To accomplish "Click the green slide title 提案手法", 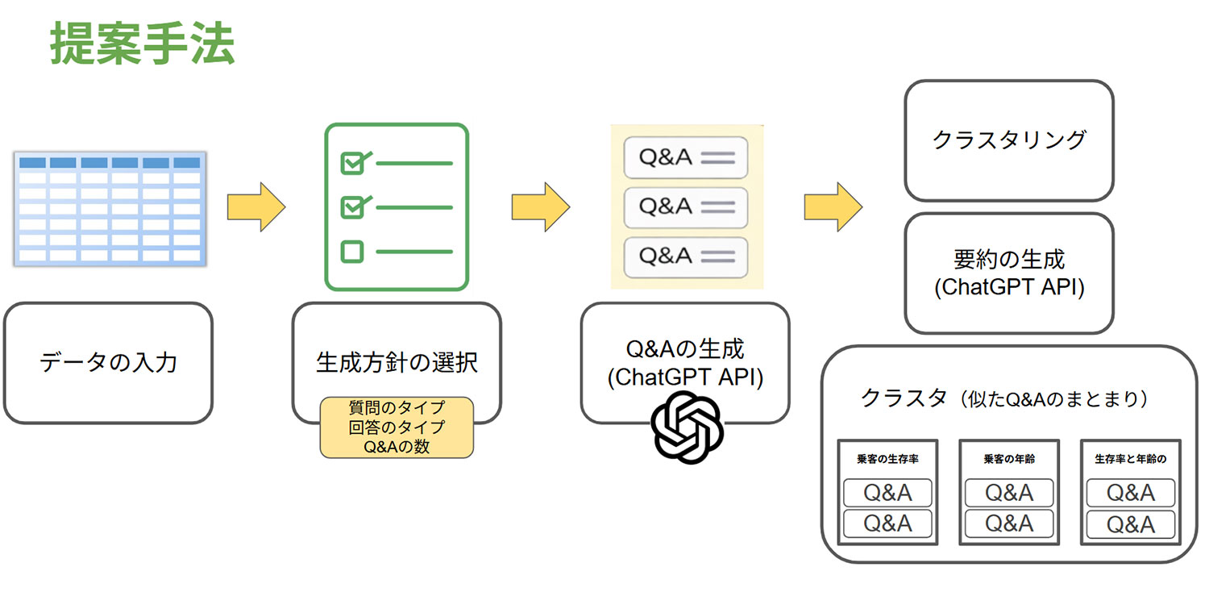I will point(142,44).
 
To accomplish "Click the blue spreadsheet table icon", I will point(109,208).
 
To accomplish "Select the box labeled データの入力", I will point(109,362).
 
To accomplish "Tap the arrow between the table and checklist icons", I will point(256,206).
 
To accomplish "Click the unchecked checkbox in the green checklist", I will point(352,252).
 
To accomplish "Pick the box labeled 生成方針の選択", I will point(397,362).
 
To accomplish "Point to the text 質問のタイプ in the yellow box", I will point(397,408).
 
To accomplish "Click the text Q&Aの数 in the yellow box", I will point(397,446).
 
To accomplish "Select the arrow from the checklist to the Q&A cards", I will point(540,206).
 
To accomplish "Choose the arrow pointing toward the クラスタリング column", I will point(833,206).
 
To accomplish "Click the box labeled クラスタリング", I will point(1008,140).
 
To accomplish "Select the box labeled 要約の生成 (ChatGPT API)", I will point(1008,273).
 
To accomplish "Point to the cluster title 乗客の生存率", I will point(887,459).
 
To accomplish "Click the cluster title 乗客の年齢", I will point(1009,459).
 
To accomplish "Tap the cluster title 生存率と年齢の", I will point(1131,459).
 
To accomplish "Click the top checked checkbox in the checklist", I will point(352,163).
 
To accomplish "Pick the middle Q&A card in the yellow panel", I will point(686,207).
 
